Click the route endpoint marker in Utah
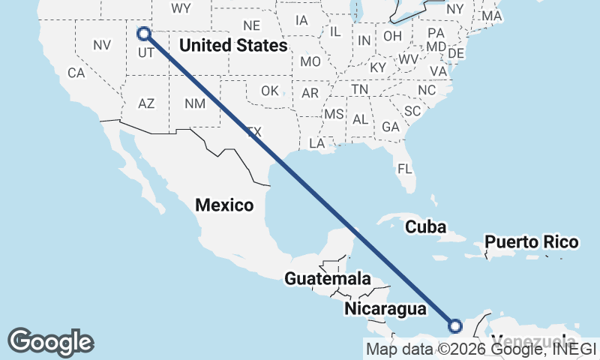click(x=143, y=34)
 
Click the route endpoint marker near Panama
click(x=454, y=325)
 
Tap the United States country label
click(x=233, y=46)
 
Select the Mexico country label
click(x=224, y=204)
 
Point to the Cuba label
click(x=425, y=226)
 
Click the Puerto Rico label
click(x=531, y=241)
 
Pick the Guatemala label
click(x=327, y=279)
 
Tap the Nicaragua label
click(x=385, y=308)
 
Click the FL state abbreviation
click(x=405, y=169)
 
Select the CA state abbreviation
click(x=76, y=73)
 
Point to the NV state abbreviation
click(x=102, y=45)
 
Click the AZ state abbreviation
click(x=146, y=103)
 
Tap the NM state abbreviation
click(x=194, y=103)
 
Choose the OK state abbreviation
click(x=270, y=91)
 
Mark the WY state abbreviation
click(x=181, y=8)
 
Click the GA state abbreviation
click(x=390, y=127)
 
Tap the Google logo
click(x=50, y=341)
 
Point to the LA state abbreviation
click(x=317, y=142)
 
